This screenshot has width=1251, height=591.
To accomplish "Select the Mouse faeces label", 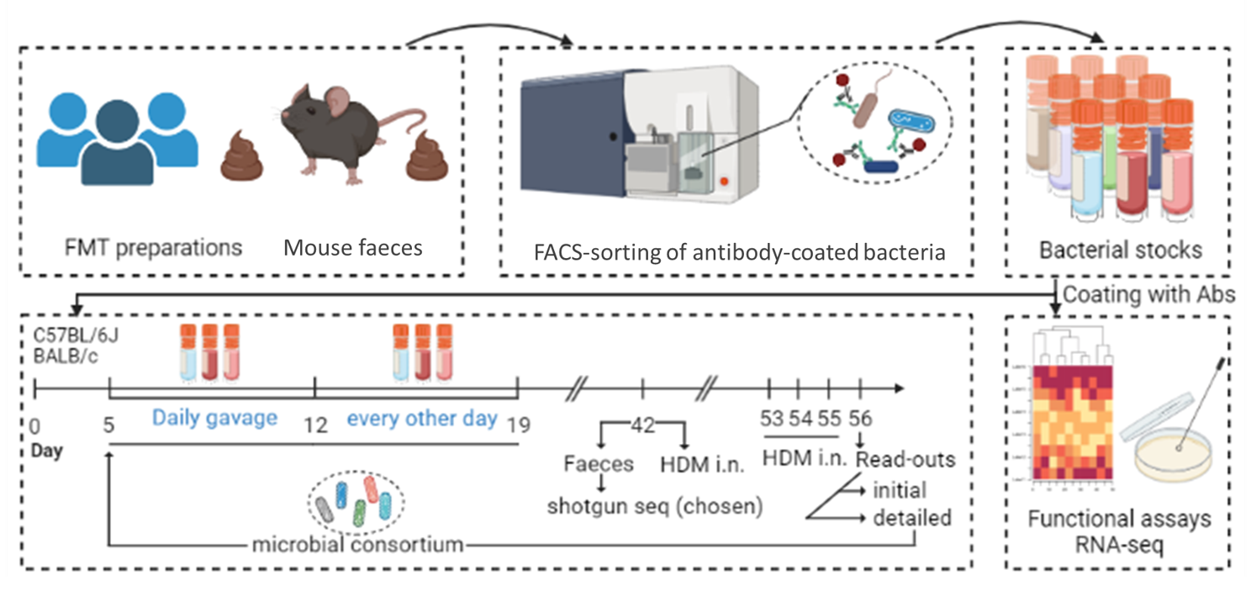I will [352, 248].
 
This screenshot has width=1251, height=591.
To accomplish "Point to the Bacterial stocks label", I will [1120, 250].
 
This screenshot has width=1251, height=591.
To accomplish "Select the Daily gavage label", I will [214, 418].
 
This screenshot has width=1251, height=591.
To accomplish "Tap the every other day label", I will [421, 418].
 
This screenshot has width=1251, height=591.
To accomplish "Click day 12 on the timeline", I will [315, 425].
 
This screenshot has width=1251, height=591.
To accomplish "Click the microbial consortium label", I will [358, 545].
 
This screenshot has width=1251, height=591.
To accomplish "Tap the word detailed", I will [911, 518].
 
